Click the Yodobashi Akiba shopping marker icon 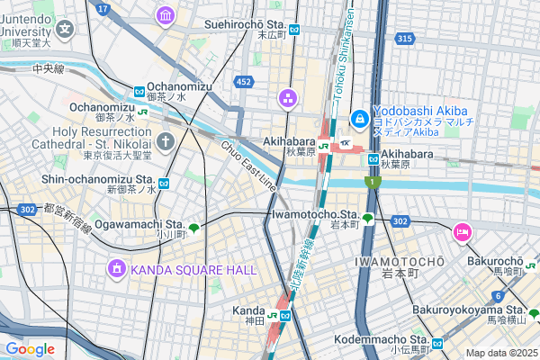click(x=359, y=118)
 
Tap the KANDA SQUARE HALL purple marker click(x=117, y=268)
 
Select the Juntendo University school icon click(x=66, y=28)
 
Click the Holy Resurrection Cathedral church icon click(x=166, y=140)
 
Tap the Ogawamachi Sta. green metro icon click(x=193, y=228)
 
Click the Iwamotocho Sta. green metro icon click(x=367, y=218)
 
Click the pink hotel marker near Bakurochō click(x=462, y=233)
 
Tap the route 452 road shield click(x=243, y=82)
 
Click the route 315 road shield click(x=405, y=38)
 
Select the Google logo click(x=30, y=348)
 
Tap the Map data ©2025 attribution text click(x=500, y=353)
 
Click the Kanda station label click(x=248, y=310)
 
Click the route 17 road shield click(x=103, y=9)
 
